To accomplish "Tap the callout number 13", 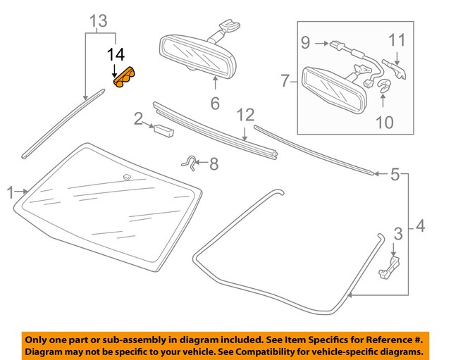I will pos(99,20).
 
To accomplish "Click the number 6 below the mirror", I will pos(215,104).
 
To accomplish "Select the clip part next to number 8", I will pos(189,163).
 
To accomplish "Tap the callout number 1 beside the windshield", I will pos(10,191).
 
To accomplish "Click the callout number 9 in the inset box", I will pos(305,42).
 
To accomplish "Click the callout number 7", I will pos(285,82).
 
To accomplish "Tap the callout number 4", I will pos(421,226).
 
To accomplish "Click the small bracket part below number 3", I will pos(390,268).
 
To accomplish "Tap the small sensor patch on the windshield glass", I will pos(128,175).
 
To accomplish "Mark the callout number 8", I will pos(214,165).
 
